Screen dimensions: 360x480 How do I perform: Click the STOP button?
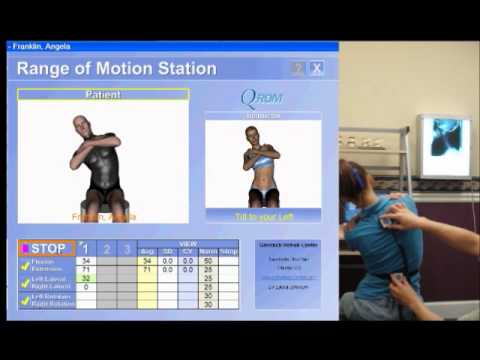click(46, 248)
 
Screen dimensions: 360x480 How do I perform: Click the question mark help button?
click(297, 68)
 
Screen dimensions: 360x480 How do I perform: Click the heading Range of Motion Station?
click(116, 69)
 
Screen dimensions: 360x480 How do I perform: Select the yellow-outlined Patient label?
click(103, 95)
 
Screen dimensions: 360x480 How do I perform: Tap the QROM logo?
click(262, 99)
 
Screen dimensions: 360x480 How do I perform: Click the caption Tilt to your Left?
click(262, 215)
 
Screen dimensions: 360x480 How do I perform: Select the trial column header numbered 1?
click(85, 248)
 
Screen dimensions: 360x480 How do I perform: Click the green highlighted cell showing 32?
click(85, 278)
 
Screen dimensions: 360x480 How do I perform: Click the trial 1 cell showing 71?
click(85, 269)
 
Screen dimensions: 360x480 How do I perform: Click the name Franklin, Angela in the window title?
click(43, 46)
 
